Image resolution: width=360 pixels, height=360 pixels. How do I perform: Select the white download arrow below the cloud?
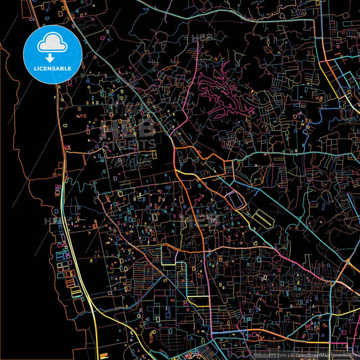pos(53,58)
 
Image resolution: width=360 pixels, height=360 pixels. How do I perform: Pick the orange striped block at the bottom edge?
pos(103,355)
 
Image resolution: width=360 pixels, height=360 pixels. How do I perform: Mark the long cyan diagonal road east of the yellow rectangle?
pos(284,203)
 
